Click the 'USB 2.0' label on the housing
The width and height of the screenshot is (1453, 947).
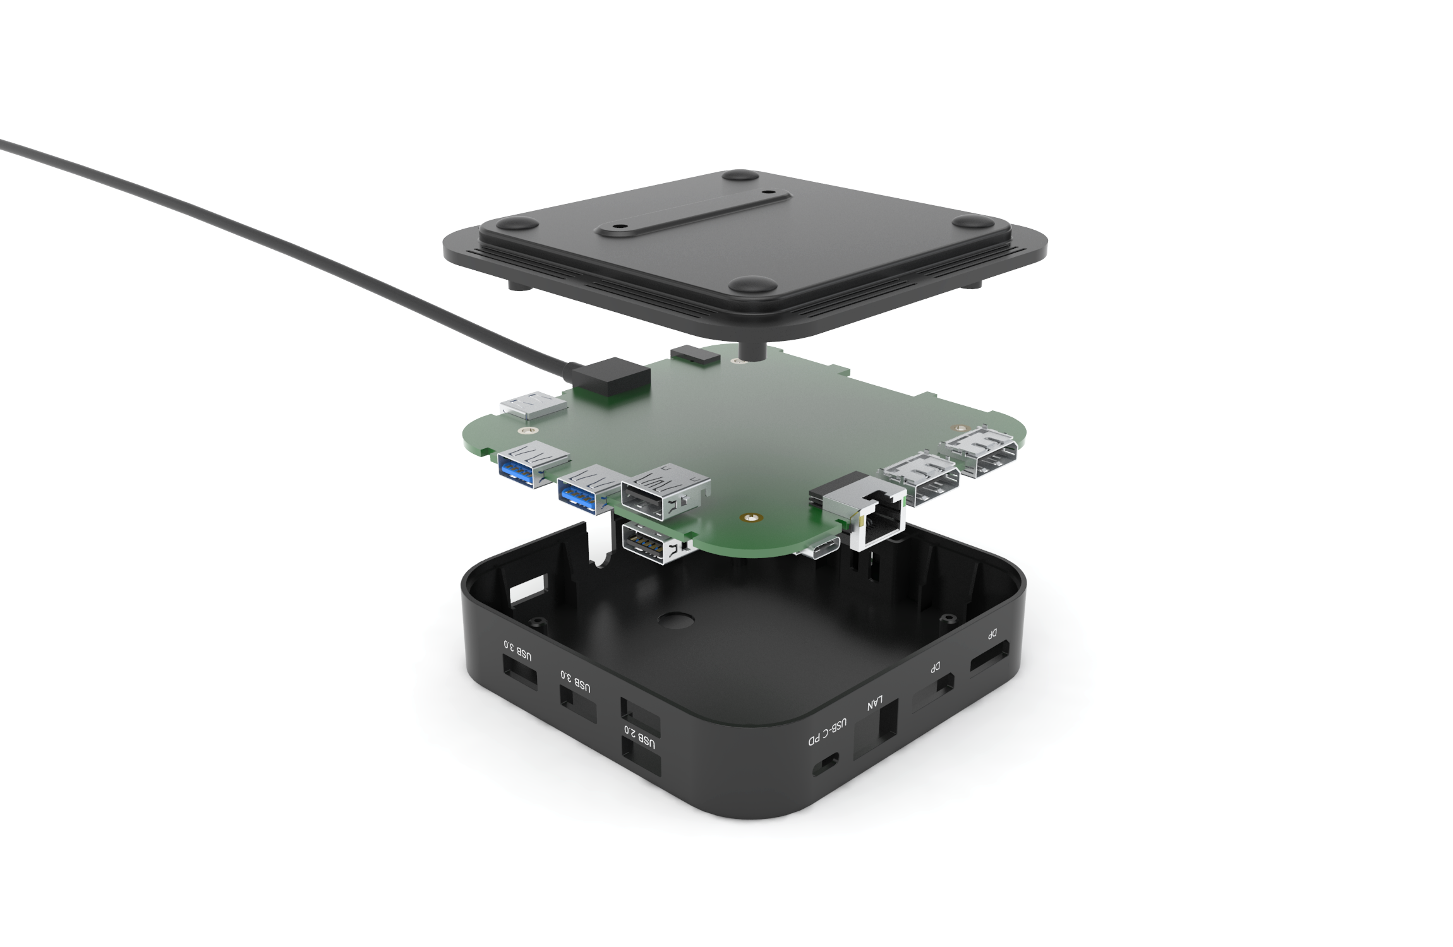click(x=639, y=738)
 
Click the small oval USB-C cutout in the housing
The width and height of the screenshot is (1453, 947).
click(x=827, y=765)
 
